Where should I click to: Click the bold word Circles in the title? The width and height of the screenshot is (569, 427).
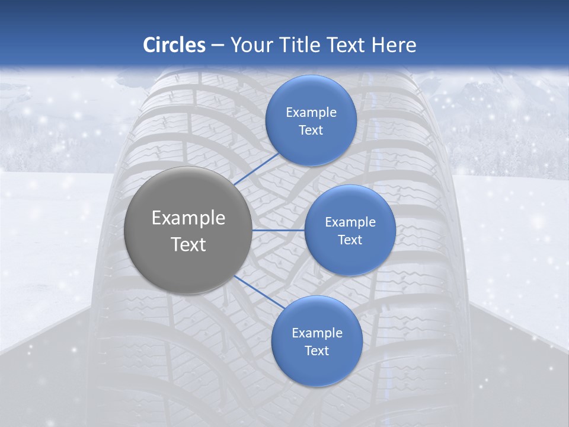(x=174, y=45)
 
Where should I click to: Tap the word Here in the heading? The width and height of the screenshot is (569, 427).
(x=394, y=45)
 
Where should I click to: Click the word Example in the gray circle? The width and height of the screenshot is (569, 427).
(x=188, y=218)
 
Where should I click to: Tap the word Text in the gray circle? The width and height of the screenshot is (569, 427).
(x=188, y=244)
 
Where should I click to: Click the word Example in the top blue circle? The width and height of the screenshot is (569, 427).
(x=311, y=113)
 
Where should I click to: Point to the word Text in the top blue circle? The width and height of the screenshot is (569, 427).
(x=311, y=130)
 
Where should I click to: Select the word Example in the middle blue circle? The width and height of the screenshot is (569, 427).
(x=350, y=222)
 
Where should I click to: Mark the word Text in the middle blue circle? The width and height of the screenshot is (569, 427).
(x=350, y=240)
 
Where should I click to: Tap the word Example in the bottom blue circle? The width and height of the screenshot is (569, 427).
(x=317, y=333)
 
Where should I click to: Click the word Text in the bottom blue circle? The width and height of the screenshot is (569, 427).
(x=317, y=351)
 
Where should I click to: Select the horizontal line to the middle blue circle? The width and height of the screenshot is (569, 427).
(x=279, y=230)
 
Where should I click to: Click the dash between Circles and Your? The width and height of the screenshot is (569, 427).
(x=218, y=45)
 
